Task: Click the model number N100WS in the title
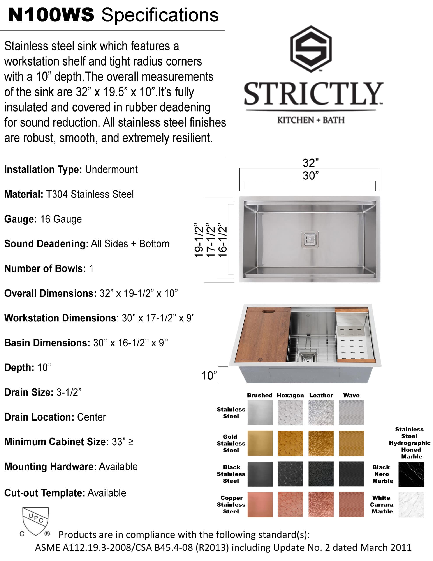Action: tap(51, 15)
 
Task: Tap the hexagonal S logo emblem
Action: tap(311, 49)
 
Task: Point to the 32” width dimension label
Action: tap(310, 163)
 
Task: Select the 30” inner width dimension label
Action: tap(310, 176)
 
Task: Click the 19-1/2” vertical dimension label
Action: tap(199, 240)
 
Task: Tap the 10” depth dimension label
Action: tap(209, 376)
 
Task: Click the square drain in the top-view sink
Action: tap(310, 239)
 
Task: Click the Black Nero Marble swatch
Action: tap(411, 474)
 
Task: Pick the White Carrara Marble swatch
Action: tap(411, 504)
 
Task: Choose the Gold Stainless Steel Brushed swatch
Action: tap(260, 443)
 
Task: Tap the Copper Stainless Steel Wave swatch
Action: tap(351, 504)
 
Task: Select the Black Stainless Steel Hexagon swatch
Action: tap(290, 474)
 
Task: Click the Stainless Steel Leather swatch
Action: tap(321, 412)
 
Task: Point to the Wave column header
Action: tap(351, 395)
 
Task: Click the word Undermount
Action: tap(111, 170)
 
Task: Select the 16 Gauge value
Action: tap(61, 219)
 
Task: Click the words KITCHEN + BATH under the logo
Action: tap(311, 120)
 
